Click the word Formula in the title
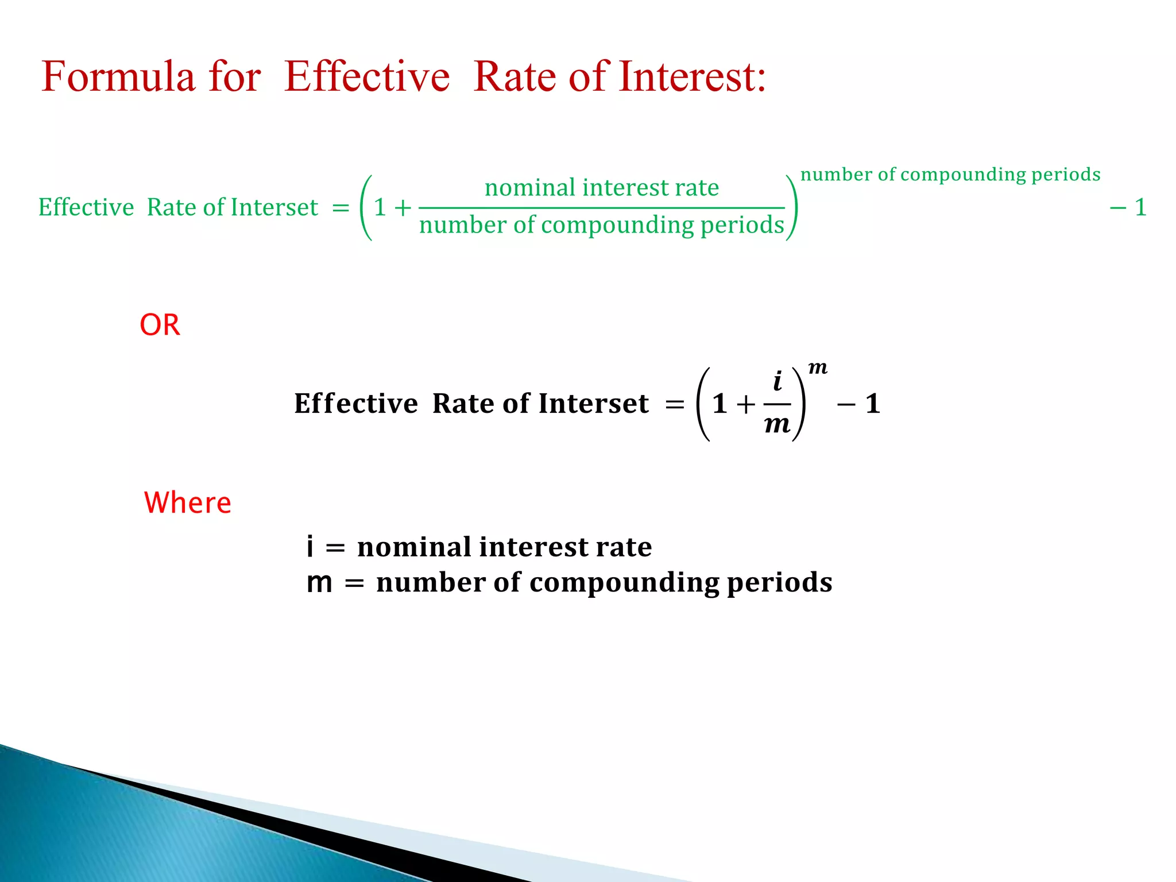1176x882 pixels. [118, 76]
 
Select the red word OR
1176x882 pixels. [160, 325]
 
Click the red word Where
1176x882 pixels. [187, 502]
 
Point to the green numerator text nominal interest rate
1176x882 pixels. [602, 188]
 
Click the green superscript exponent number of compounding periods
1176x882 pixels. [950, 175]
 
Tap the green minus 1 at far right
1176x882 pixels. [1128, 207]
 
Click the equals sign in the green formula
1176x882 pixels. [341, 208]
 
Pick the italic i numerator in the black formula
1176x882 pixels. [777, 381]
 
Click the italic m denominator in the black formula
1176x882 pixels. [777, 425]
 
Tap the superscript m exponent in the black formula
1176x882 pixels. [818, 367]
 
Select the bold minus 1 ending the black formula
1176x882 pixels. [859, 404]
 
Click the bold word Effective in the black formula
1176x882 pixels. [356, 404]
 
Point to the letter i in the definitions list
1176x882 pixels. [310, 546]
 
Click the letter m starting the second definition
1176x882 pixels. [319, 583]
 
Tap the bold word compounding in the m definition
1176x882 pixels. [624, 583]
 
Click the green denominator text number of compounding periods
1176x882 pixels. [602, 225]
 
